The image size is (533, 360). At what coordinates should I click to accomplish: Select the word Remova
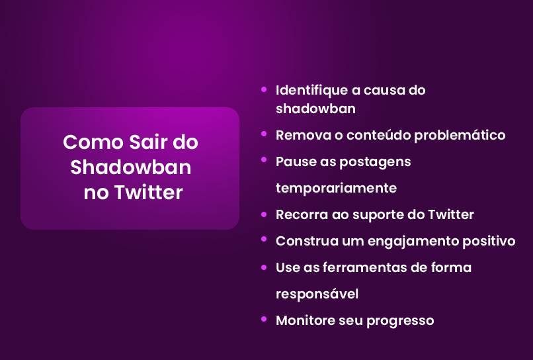[299, 135]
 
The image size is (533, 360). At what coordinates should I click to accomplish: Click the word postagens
[379, 161]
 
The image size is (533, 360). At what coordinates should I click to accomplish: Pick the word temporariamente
[336, 188]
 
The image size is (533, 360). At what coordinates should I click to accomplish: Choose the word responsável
[317, 294]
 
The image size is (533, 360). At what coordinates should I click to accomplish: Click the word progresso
[400, 321]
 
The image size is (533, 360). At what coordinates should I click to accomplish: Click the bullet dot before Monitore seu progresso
[264, 319]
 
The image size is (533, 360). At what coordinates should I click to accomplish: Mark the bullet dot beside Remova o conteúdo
[264, 134]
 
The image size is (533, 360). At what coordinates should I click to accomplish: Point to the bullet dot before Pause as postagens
[264, 160]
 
